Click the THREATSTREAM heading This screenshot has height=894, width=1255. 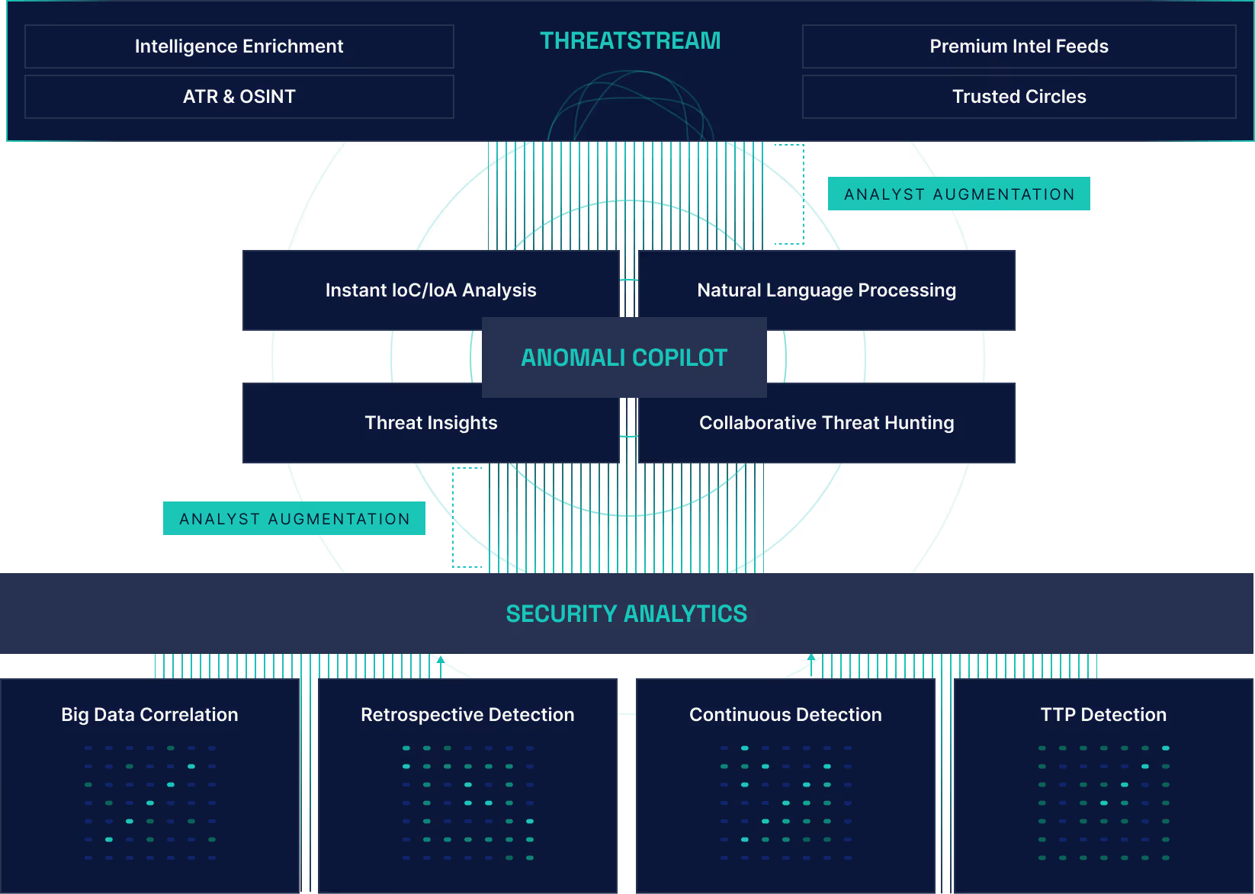coord(630,40)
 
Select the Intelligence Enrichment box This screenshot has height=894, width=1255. coord(239,46)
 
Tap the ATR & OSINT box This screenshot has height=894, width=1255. coord(239,97)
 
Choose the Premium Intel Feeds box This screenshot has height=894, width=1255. coord(1019,46)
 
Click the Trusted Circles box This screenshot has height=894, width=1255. coord(1019,97)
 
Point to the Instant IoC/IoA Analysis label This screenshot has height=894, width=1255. coord(431,290)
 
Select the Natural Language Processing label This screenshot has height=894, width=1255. coord(827,290)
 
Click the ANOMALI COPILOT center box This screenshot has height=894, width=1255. coord(624,357)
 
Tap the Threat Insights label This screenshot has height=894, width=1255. coord(431,423)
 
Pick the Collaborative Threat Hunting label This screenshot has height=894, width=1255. coord(827,423)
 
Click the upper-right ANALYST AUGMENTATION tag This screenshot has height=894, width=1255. coord(959,194)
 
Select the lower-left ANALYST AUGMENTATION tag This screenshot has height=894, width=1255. coord(294,519)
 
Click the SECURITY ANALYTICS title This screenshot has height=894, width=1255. coord(627,614)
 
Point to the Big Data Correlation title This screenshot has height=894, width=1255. coord(149,715)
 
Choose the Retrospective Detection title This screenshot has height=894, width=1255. coord(467,715)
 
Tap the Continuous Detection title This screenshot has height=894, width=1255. coord(785,715)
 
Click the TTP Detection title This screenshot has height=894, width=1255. coord(1103,715)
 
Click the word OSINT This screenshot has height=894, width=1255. coord(267,97)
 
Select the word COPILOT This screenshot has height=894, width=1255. coord(679,357)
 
